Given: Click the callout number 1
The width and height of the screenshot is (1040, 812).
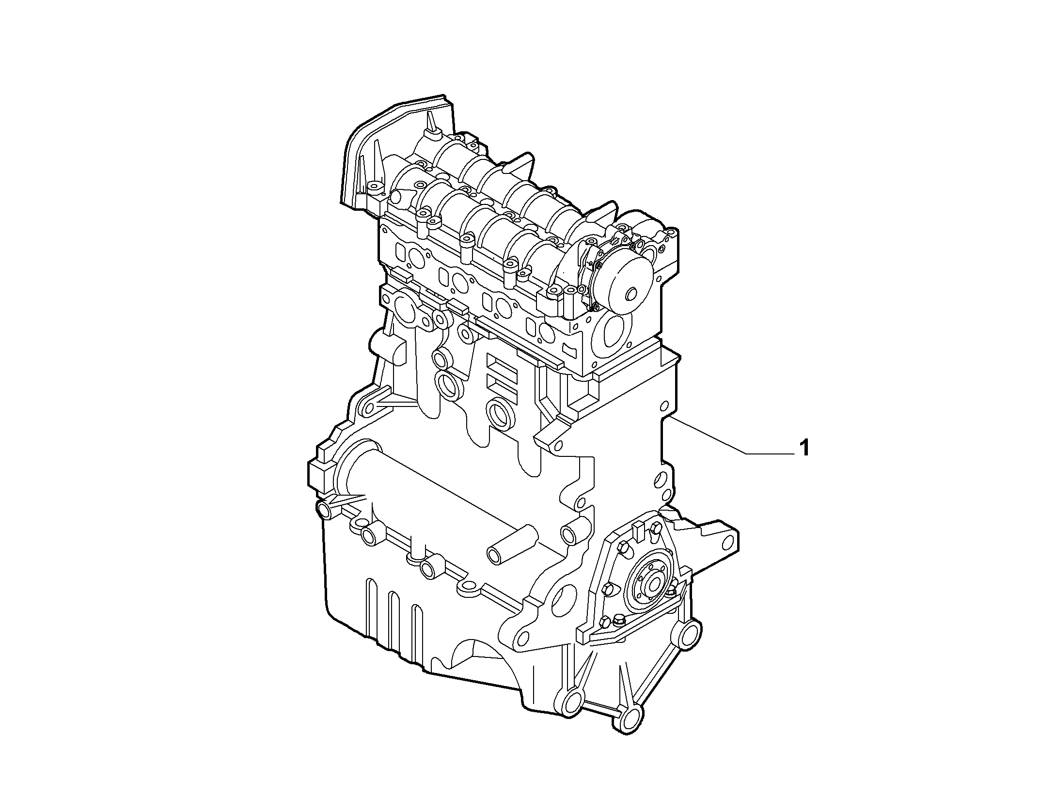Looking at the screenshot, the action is click(x=804, y=447).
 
